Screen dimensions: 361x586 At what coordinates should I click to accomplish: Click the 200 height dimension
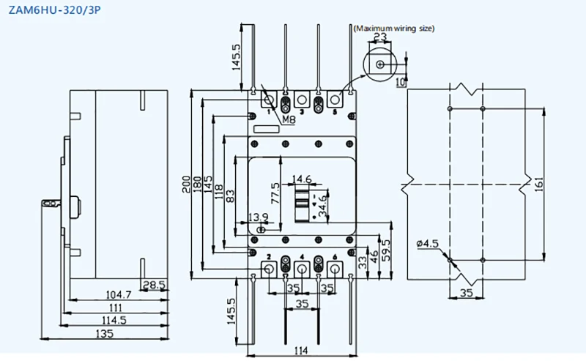click(187, 182)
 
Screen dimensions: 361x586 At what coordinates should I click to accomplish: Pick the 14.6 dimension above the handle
click(303, 179)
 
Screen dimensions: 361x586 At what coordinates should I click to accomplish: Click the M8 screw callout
click(288, 119)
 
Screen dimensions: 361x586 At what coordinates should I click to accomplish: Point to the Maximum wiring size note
click(394, 29)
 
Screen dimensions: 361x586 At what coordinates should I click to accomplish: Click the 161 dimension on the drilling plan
click(540, 184)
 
